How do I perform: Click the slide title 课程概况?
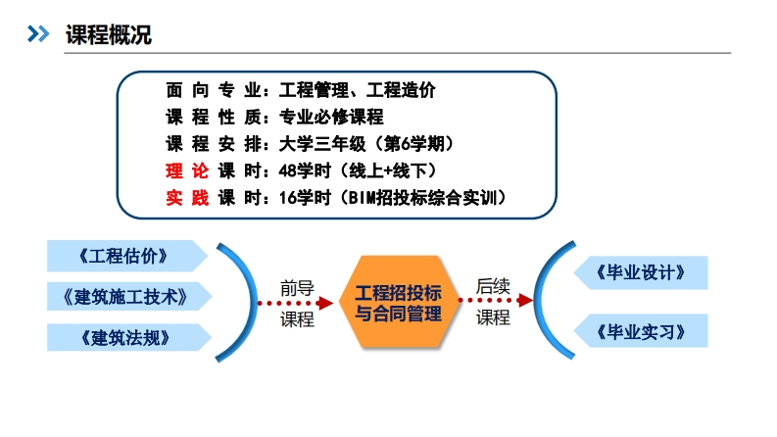(108, 35)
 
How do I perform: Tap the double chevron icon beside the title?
(37, 35)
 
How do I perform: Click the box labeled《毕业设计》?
(640, 271)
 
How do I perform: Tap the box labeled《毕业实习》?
(640, 329)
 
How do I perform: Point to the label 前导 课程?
(297, 303)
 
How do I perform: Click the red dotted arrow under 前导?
(297, 303)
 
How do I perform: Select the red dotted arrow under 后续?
(494, 302)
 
